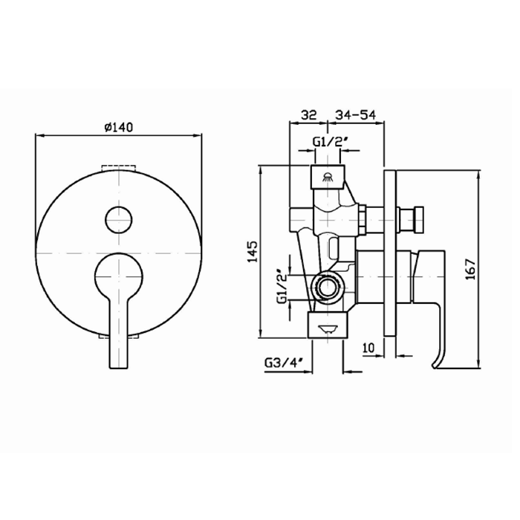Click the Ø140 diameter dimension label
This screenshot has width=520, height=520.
click(x=119, y=128)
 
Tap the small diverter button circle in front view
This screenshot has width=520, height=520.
click(x=119, y=219)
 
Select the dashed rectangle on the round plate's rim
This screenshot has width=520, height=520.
click(x=119, y=166)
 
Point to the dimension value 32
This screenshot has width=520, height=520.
click(x=308, y=115)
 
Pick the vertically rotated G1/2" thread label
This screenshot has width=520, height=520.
click(x=281, y=286)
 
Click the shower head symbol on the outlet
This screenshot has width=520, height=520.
click(x=328, y=177)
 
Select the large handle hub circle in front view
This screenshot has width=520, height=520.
click(x=119, y=274)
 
